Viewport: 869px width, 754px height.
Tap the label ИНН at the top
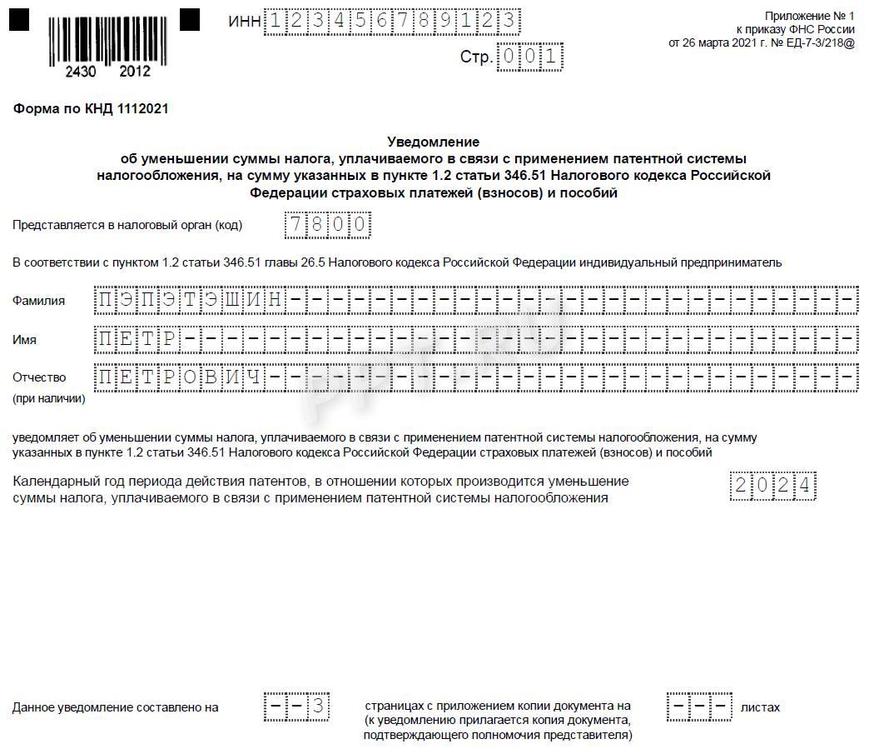pos(244,21)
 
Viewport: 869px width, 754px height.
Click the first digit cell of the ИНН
pos(274,20)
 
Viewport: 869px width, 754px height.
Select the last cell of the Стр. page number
pos(552,57)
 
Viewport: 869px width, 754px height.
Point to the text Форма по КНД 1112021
pos(92,109)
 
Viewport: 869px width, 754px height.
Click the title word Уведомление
pos(434,142)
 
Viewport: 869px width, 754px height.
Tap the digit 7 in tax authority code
pos(295,225)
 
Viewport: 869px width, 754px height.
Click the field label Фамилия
pos(38,301)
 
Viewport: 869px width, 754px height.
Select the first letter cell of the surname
pos(106,300)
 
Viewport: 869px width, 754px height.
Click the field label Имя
pos(24,339)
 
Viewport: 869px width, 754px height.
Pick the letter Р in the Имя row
pos(169,339)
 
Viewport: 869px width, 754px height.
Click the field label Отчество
pos(39,377)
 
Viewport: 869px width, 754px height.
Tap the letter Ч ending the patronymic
pos(255,377)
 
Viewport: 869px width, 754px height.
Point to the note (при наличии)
pos(49,398)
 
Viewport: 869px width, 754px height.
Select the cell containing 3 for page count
pos(317,707)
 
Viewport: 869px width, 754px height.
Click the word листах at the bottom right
pos(760,707)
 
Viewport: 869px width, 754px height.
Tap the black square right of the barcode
pos(190,18)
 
